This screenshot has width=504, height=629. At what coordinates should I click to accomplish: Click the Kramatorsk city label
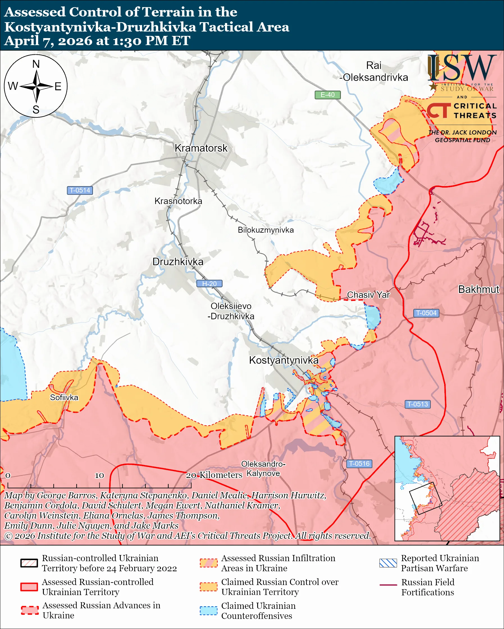(201, 148)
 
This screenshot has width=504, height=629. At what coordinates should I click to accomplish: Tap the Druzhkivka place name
(178, 262)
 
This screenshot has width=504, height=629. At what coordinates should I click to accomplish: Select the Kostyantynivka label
(283, 360)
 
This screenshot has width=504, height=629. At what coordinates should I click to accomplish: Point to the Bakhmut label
(478, 289)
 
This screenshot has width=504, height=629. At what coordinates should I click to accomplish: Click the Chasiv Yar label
(368, 295)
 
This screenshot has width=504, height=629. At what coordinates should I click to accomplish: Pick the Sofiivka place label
(64, 397)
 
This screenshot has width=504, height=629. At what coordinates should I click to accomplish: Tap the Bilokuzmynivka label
(266, 230)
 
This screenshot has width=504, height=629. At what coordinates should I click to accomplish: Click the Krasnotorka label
(178, 201)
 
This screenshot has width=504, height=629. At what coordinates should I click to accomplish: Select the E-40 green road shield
(327, 95)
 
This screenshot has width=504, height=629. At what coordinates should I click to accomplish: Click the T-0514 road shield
(80, 190)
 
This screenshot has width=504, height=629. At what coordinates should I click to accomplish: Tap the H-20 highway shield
(209, 284)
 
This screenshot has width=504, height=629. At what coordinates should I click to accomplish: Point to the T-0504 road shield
(426, 313)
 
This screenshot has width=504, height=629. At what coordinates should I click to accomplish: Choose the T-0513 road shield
(418, 404)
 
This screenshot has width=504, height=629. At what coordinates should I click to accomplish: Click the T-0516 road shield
(359, 464)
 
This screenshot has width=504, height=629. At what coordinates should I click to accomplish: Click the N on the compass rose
(36, 64)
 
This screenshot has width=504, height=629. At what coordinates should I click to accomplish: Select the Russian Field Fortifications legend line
(388, 585)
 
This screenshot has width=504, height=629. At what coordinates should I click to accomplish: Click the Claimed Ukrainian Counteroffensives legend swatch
(208, 610)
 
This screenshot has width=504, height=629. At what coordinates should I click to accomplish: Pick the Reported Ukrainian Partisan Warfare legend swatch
(388, 563)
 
